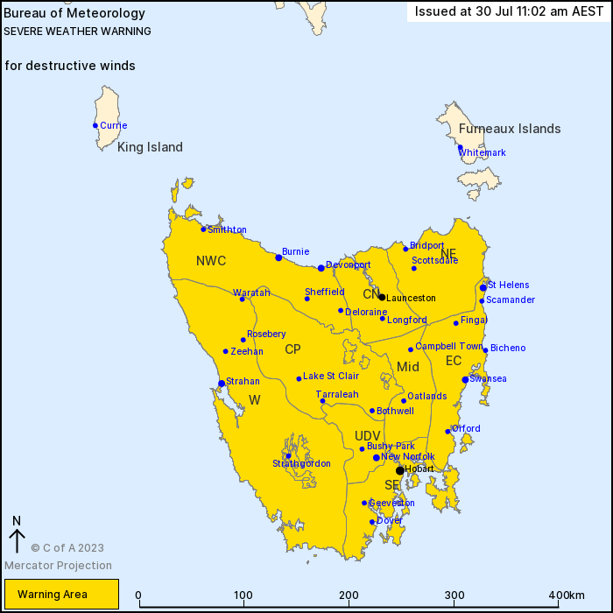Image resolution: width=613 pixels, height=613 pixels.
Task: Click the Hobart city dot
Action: tap(400, 470)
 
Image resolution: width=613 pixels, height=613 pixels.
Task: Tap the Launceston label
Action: tap(411, 299)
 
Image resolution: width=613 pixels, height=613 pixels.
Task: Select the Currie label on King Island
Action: tap(113, 125)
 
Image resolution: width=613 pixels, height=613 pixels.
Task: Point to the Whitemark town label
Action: tap(483, 152)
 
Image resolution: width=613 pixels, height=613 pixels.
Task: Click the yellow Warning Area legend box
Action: tap(60, 595)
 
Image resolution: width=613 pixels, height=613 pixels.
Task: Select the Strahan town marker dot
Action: tap(221, 383)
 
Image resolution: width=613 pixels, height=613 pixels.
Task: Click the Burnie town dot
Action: tap(278, 257)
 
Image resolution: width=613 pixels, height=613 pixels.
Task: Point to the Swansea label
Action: tap(488, 378)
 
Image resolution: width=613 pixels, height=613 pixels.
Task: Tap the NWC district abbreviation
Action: tap(211, 261)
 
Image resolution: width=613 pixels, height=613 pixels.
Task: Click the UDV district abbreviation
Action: tap(368, 436)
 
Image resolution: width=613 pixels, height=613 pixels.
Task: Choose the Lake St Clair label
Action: tap(331, 377)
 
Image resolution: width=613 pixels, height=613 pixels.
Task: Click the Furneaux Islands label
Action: tap(510, 129)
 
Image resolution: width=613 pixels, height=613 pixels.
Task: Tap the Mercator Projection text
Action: tap(58, 566)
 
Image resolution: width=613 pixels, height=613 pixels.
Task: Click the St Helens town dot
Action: tap(483, 287)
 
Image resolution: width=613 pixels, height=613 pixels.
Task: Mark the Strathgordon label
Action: tap(301, 463)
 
